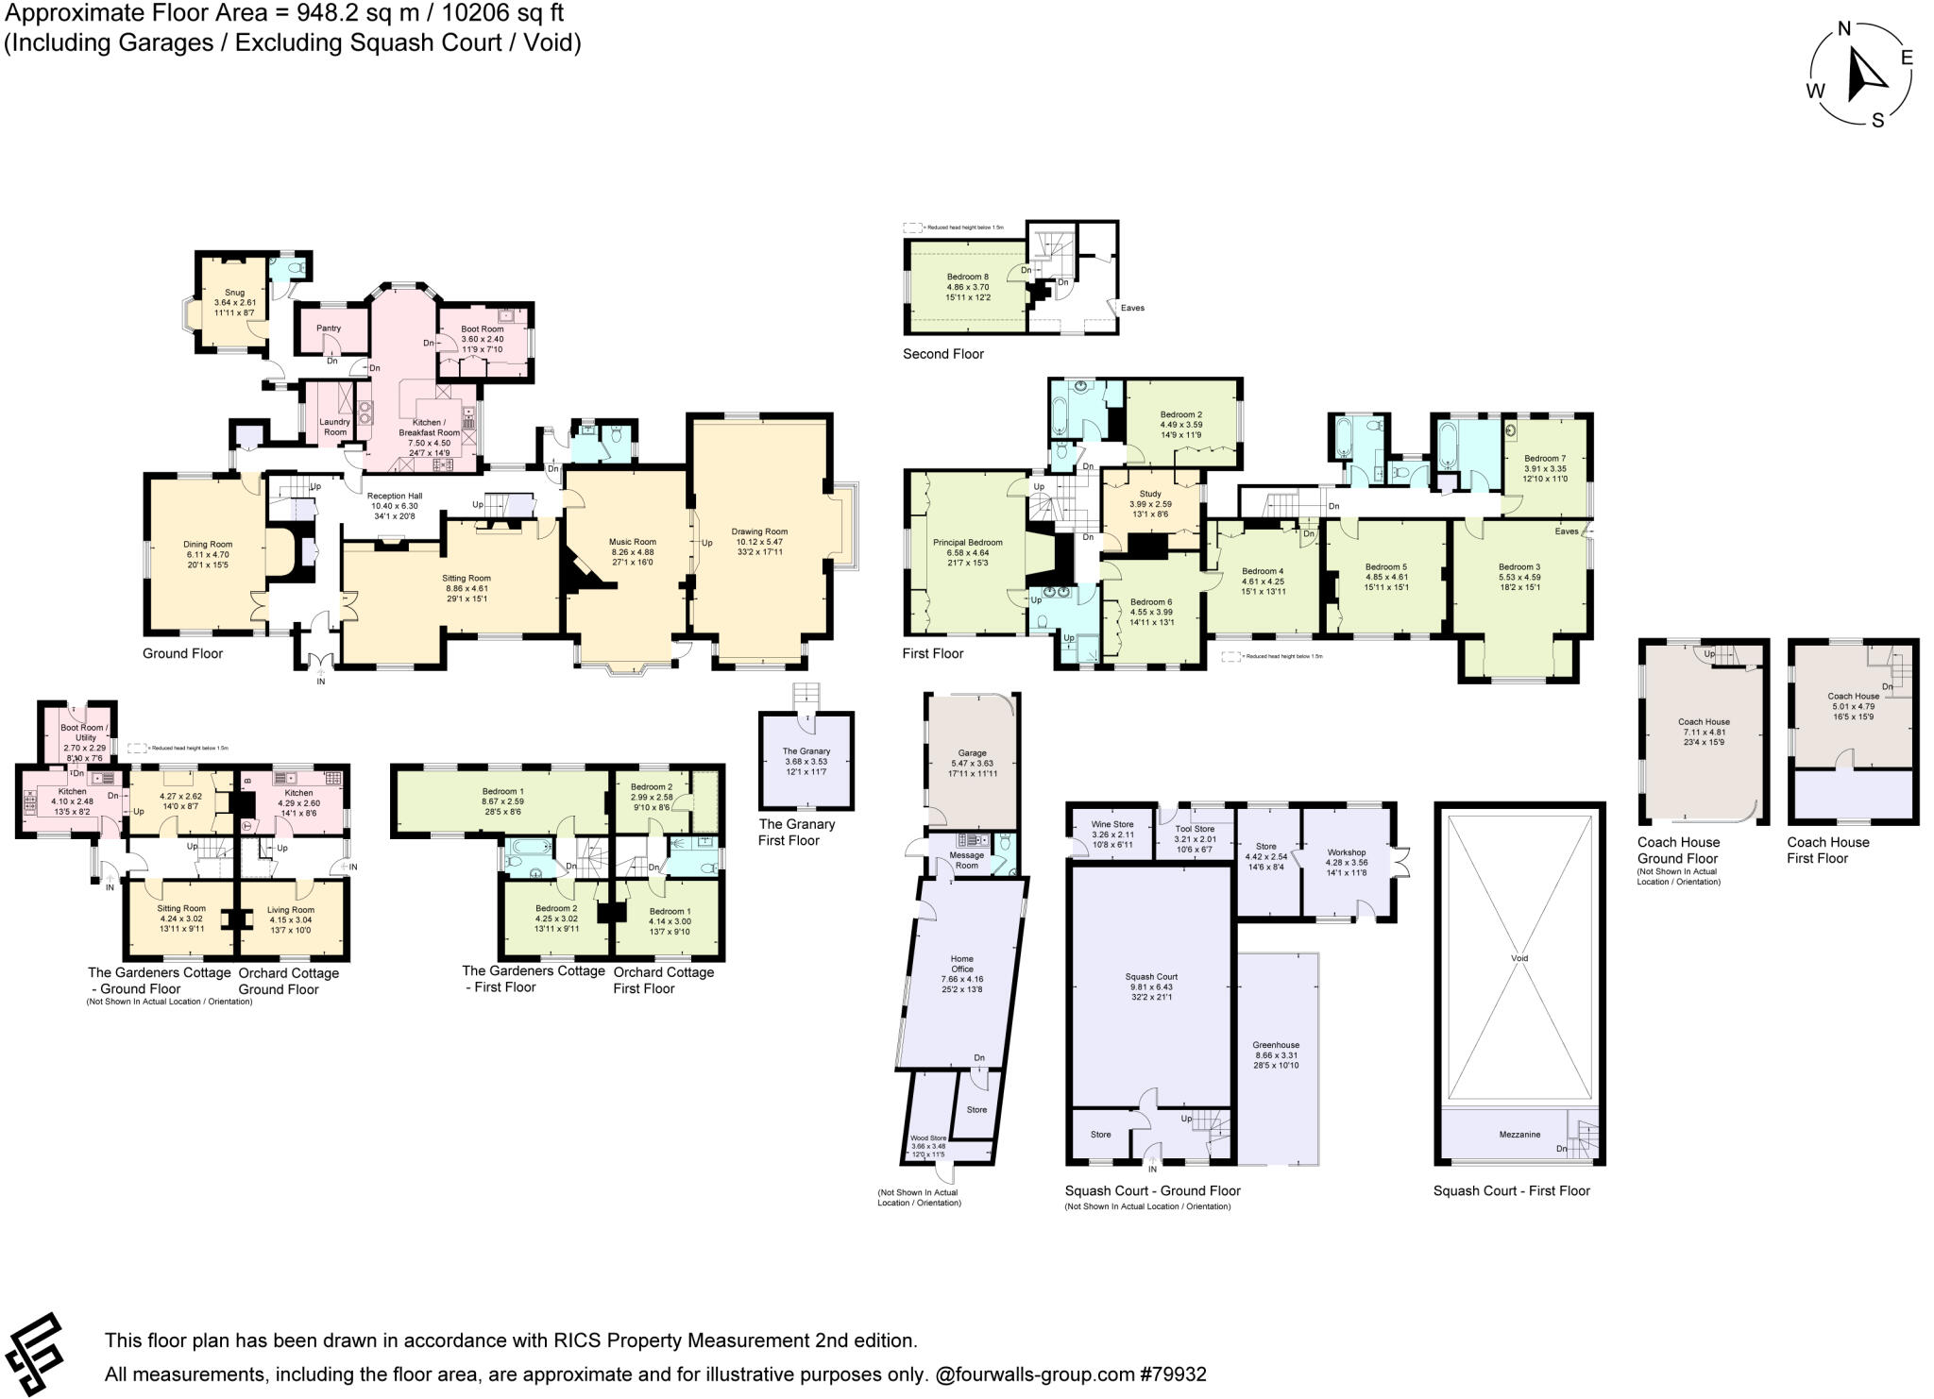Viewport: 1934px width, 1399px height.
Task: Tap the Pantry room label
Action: pos(329,329)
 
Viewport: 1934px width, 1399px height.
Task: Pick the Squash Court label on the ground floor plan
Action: pos(1151,977)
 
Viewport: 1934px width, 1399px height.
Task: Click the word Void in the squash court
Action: pos(1518,958)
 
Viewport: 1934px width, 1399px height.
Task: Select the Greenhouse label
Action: pos(1276,1045)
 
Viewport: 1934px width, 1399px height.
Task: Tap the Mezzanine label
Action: pos(1519,1134)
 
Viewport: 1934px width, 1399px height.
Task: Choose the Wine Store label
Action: pos(1112,824)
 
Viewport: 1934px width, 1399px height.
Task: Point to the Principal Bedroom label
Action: pos(967,543)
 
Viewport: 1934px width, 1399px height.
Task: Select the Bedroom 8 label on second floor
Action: pos(967,277)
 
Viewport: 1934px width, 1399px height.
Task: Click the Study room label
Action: pos(1149,494)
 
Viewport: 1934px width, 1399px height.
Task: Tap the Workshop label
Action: pos(1346,852)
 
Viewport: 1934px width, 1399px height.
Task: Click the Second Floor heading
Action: pos(942,354)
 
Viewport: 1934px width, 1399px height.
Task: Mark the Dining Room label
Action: pos(208,544)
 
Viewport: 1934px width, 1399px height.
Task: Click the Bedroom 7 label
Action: pos(1544,459)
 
